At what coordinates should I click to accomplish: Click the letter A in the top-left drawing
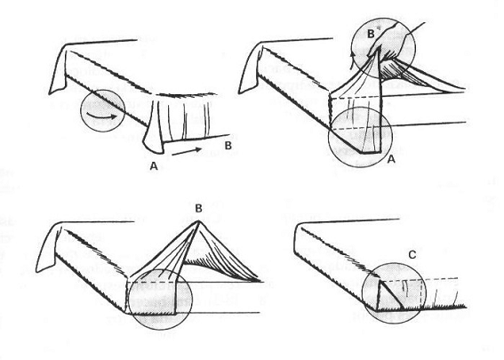click(x=154, y=166)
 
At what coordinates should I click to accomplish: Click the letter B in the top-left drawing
click(x=228, y=146)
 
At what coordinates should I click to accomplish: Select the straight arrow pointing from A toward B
click(x=187, y=151)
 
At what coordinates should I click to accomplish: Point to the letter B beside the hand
click(x=371, y=34)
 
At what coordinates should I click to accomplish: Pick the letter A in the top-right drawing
click(x=391, y=158)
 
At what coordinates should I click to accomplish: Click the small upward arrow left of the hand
click(x=353, y=60)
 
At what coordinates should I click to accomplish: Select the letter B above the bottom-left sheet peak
click(x=198, y=209)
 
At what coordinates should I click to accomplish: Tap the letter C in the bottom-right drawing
click(x=412, y=255)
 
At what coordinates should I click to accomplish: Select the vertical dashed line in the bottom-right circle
click(x=421, y=292)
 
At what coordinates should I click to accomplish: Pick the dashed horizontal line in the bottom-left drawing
click(x=152, y=282)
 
